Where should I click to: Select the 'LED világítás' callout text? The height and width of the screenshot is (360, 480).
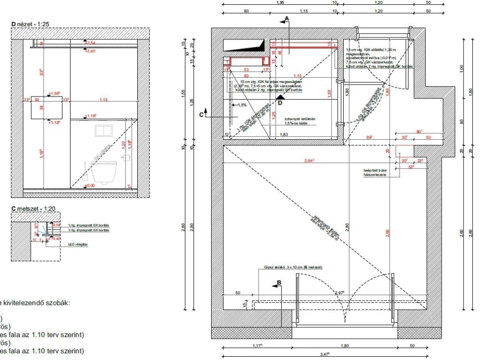pos(78,244)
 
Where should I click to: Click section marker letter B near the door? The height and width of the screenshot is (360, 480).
pos(278,284)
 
